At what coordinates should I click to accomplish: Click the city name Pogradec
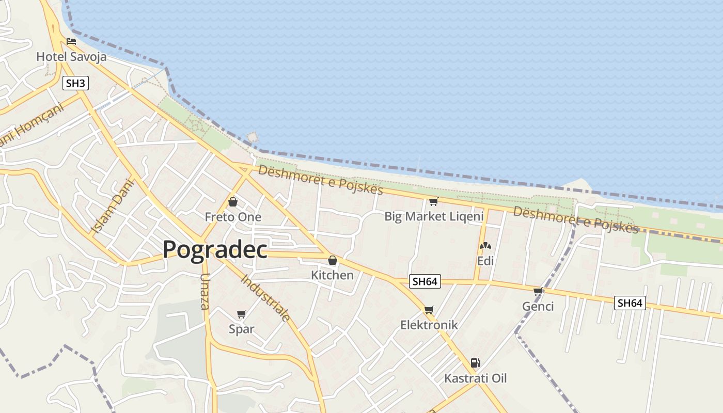click(215, 250)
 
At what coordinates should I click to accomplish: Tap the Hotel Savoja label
click(71, 57)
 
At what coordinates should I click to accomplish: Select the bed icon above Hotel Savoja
click(71, 41)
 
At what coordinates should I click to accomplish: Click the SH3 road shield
click(75, 83)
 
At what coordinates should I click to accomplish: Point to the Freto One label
click(233, 217)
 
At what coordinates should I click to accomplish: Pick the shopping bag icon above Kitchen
click(333, 260)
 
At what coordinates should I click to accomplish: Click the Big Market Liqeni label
click(434, 216)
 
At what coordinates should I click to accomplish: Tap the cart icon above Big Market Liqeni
click(433, 201)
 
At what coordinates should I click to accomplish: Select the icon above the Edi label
click(485, 246)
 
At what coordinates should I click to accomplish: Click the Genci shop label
click(538, 307)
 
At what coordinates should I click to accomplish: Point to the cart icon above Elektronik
click(429, 310)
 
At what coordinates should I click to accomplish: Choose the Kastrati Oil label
click(476, 378)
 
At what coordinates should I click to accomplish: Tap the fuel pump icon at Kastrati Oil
click(475, 363)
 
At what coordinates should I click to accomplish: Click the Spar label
click(242, 329)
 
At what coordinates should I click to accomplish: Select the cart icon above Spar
click(241, 314)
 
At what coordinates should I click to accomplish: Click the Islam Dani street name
click(113, 206)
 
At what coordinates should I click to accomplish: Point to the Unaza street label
click(205, 291)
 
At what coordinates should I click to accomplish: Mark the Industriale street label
click(266, 298)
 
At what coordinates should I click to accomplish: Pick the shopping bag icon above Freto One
click(233, 202)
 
